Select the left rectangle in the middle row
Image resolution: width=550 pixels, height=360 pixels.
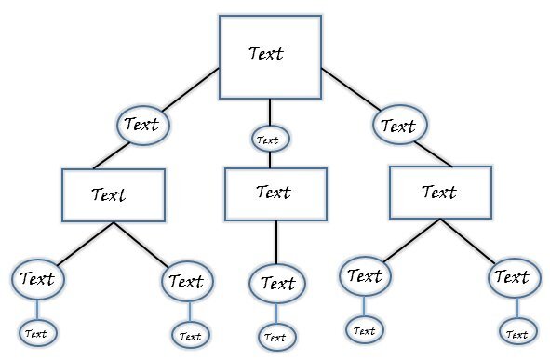(114, 195)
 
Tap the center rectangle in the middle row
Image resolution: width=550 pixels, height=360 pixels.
(275, 193)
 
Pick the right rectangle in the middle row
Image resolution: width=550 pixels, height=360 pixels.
(438, 193)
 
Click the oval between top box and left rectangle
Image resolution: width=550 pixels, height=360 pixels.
(142, 124)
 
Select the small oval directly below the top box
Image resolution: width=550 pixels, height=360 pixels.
(270, 140)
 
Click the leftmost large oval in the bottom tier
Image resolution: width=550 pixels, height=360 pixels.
(37, 278)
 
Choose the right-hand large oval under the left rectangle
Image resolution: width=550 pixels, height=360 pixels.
(186, 281)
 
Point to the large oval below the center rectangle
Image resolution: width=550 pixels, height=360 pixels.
(276, 283)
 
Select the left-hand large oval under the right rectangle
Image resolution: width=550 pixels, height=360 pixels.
(365, 275)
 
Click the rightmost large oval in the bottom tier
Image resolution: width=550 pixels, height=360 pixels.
(511, 277)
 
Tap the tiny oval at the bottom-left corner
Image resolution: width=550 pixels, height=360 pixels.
(36, 332)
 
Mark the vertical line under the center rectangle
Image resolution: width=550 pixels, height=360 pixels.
(275, 242)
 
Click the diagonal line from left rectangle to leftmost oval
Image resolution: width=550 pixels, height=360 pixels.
(79, 245)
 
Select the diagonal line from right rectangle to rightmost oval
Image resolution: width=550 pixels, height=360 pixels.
(471, 242)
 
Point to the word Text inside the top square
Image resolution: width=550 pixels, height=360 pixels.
(266, 53)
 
